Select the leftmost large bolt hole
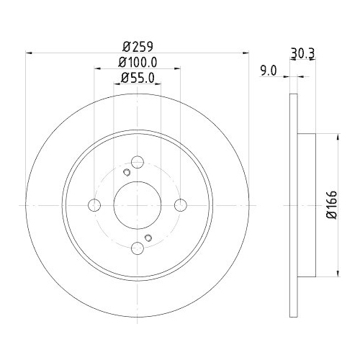tap(93, 206)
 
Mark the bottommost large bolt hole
tap(138, 249)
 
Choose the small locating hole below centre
tap(148, 238)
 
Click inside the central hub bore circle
tap(138, 206)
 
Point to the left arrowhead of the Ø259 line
tap(29, 52)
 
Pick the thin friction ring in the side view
tap(293, 205)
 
